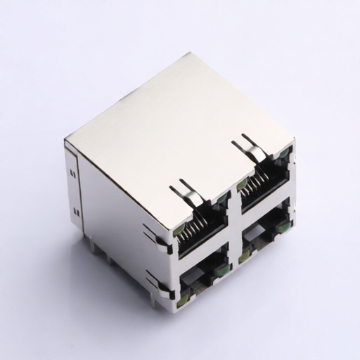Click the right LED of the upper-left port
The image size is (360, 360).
click(x=222, y=201)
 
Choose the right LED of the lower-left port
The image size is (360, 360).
click(x=221, y=268)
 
